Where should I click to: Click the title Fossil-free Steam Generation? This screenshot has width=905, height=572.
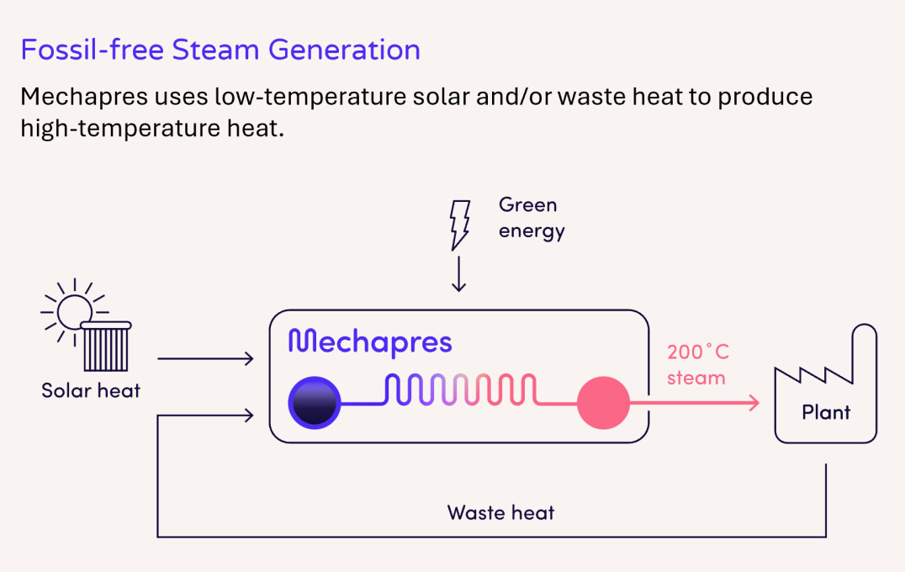220,50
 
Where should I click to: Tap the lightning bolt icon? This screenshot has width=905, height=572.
459,225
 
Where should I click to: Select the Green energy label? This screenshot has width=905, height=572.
532,218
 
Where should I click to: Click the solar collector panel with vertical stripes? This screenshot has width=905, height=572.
107,347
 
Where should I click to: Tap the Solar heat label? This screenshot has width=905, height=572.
91,390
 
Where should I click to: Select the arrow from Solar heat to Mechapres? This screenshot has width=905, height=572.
205,359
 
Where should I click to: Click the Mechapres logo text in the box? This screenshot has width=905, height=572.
370,342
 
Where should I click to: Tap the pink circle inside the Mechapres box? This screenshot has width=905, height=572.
603,402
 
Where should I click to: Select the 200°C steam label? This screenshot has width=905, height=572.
697,364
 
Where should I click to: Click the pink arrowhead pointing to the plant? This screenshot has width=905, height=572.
753,403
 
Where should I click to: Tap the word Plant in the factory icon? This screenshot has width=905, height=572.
826,412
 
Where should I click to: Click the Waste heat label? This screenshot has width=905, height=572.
500,512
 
